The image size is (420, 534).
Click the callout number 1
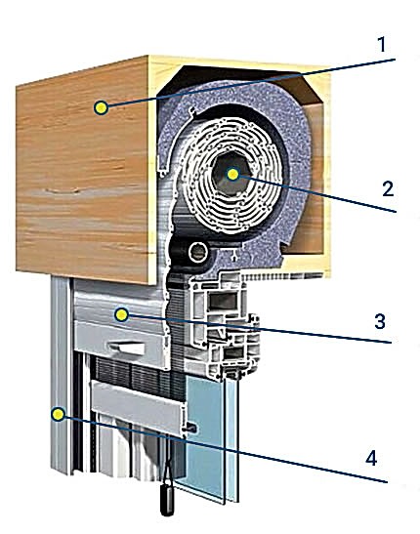[x=382, y=45]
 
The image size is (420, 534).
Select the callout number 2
[x=388, y=188]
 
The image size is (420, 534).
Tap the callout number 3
[x=380, y=321]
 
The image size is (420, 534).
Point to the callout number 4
[x=371, y=458]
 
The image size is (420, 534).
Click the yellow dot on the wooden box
[x=101, y=107]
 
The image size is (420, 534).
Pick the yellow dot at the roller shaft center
[x=233, y=174]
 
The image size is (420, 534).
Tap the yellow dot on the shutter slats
[x=122, y=315]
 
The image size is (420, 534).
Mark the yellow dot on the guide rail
[x=58, y=414]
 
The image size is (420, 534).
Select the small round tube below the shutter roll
[x=198, y=252]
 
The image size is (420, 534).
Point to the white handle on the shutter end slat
[x=127, y=349]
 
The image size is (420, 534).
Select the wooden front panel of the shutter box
[x=83, y=170]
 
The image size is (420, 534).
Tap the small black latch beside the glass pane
[x=191, y=428]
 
